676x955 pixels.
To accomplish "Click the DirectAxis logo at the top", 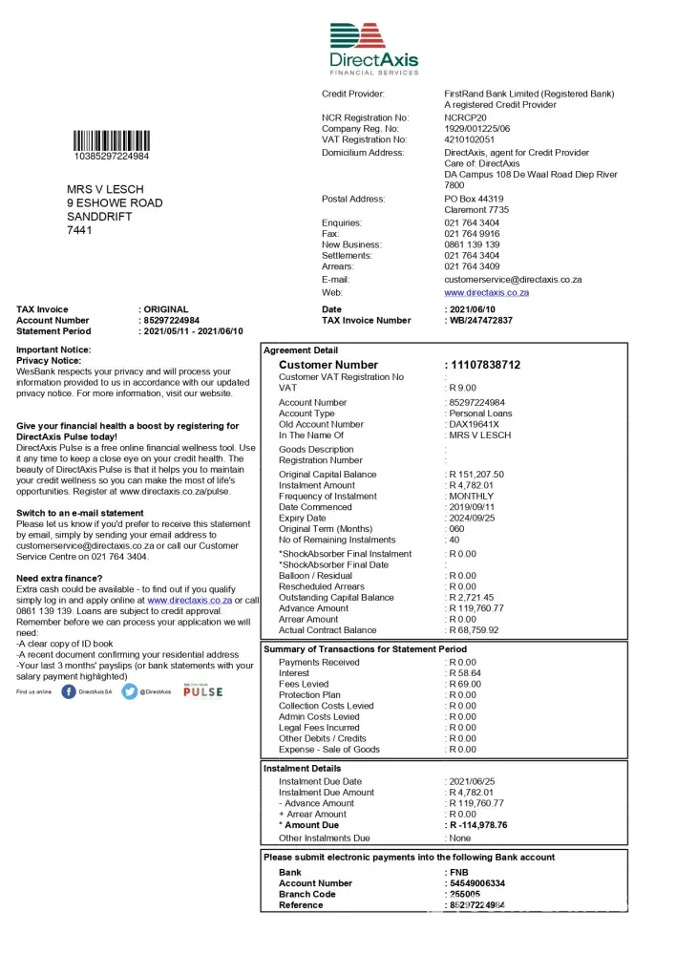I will pos(374,48).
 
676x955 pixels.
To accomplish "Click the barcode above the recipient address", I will pos(111,140).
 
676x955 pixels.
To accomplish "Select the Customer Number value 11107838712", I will pos(486,365).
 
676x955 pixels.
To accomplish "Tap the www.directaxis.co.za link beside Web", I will pos(486,293).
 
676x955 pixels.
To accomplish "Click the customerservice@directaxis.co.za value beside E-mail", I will pos(513,280).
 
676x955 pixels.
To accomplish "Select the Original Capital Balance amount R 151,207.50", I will pos(476,475).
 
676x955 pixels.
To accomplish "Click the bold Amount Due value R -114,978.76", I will pos(478,825).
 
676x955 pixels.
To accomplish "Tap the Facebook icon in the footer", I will pos(69,691).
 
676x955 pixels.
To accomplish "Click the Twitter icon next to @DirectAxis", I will pos(130,691).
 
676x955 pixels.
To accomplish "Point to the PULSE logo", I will pos(202,691).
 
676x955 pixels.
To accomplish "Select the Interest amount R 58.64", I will pos(465,673).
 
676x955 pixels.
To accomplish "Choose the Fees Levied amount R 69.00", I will pos(465,685).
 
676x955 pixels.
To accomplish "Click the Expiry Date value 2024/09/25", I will pos(472,519).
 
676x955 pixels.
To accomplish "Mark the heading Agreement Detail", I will pos(301,350).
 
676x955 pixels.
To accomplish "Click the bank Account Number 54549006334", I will pos(477,884).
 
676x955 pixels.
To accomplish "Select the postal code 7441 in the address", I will pos(80,230).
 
